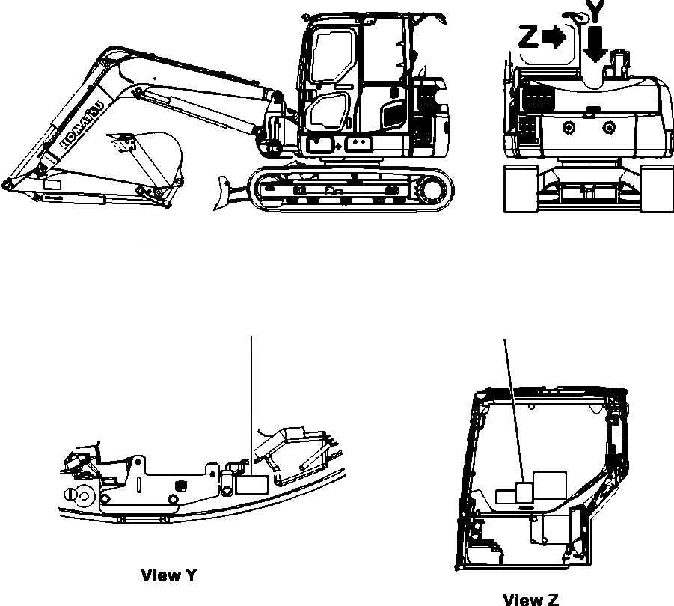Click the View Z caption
(530, 599)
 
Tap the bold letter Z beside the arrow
(529, 37)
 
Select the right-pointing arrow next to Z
(553, 39)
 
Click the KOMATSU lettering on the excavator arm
(78, 120)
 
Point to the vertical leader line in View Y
(251, 397)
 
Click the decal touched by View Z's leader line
(524, 492)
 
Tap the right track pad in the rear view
(656, 189)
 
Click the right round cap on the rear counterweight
(610, 129)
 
